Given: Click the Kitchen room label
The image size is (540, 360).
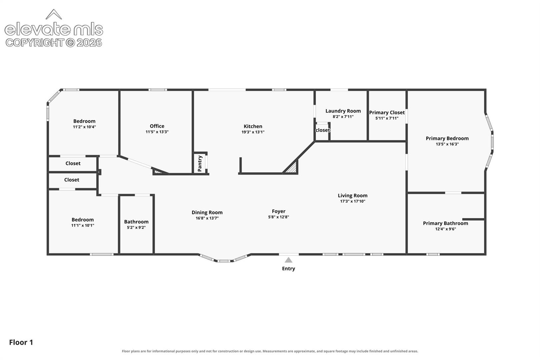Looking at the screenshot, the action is coord(253,126).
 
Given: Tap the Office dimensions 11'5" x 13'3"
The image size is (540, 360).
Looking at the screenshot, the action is coord(157,132).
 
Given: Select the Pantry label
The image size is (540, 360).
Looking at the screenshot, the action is coord(200,163).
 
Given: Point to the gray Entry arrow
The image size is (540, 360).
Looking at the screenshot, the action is coord(289,260).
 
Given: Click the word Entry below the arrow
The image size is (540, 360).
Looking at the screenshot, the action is coord(289,269).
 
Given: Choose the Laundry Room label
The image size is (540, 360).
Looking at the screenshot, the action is coord(343,111).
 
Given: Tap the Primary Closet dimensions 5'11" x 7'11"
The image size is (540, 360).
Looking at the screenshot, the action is coord(387,118).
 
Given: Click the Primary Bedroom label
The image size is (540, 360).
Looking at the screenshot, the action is coord(447,138).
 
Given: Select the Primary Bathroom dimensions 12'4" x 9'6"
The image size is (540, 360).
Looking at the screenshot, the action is coord(445,229).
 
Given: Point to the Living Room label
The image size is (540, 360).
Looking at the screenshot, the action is coord(352,196).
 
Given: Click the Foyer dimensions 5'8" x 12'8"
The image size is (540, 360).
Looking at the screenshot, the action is coord(278,217).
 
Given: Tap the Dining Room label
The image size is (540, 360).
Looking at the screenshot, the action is coord(207,212).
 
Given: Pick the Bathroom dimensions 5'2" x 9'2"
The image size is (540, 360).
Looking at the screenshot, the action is coord(136,228).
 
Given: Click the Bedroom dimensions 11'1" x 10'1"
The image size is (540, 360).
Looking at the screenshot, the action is coord(83,225).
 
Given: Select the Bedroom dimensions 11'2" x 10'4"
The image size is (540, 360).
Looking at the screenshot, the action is coord(84,127).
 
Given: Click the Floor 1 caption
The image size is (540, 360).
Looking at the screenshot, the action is coord(21,342).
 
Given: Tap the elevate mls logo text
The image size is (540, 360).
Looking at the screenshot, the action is coord(54,29).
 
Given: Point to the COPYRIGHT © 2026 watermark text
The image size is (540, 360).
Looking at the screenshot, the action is coord(54,43).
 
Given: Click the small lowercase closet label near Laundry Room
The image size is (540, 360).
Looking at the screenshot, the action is coord(323,130).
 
